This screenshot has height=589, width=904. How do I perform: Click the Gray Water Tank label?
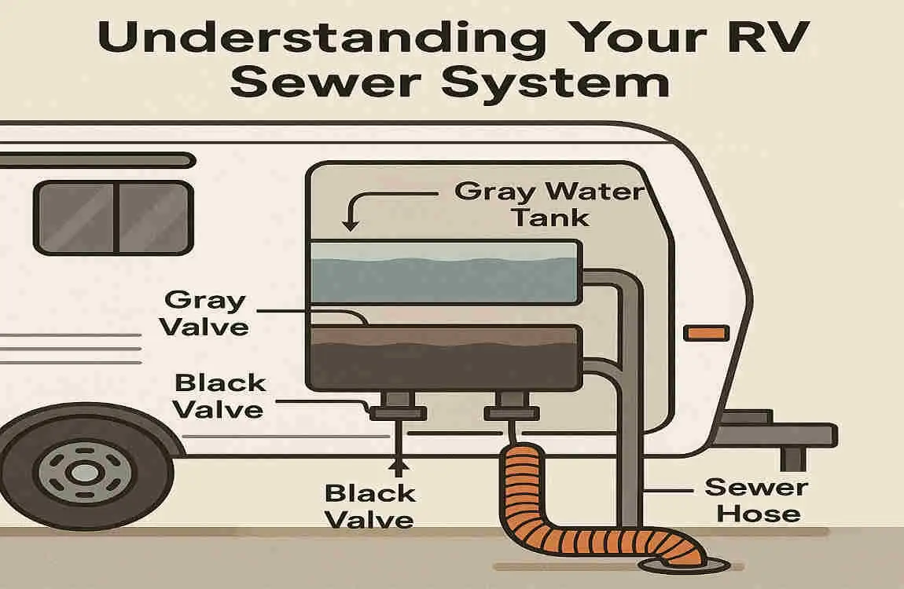pyautogui.click(x=549, y=203)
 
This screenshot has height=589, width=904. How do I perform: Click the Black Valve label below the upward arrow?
pyautogui.click(x=369, y=506)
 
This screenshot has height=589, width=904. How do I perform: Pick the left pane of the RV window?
pyautogui.click(x=77, y=217)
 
